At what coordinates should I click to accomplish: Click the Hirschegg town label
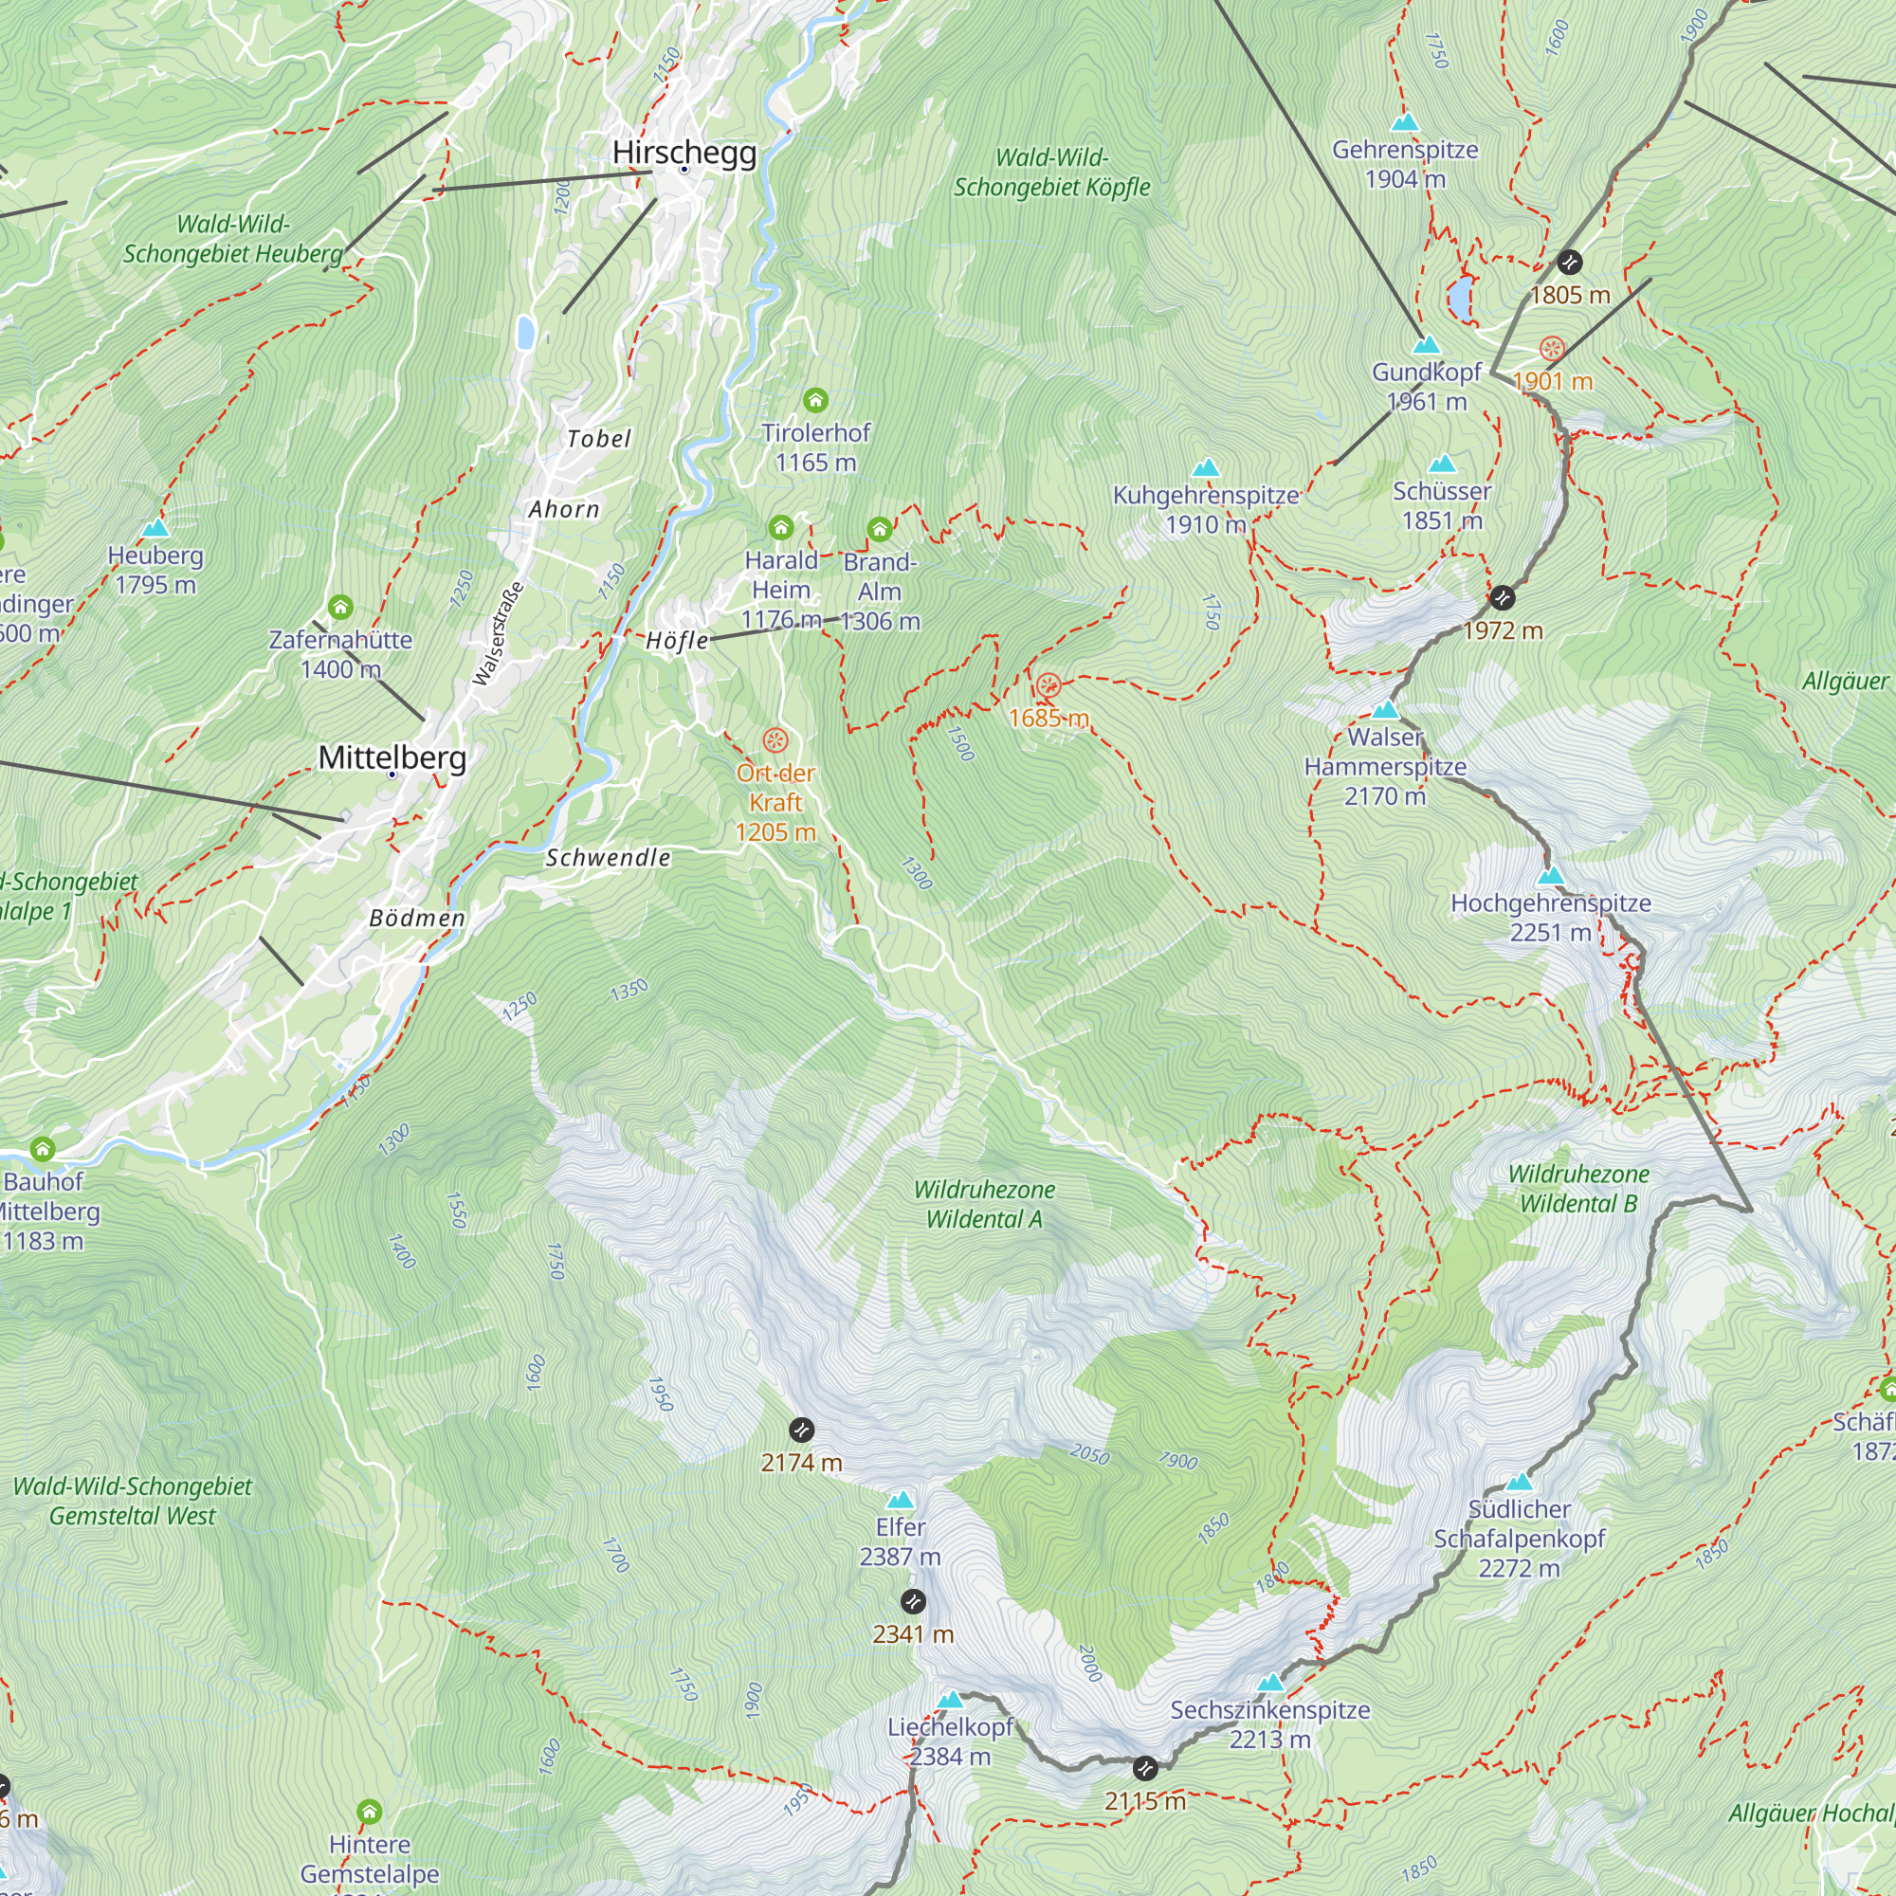[x=684, y=152]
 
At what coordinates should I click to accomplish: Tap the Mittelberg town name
[x=392, y=757]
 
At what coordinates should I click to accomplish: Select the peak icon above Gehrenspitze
[x=1405, y=122]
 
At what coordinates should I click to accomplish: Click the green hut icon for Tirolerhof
[x=815, y=399]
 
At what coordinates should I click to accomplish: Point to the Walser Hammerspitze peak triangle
[x=1385, y=709]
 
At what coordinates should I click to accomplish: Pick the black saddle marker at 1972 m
[x=1503, y=596]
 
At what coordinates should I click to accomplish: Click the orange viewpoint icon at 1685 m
[x=1048, y=685]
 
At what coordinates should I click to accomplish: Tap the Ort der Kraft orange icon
[x=775, y=740]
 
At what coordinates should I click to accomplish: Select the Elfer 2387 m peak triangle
[x=900, y=1500]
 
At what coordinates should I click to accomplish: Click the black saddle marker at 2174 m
[x=802, y=1429]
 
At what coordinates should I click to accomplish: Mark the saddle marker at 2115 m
[x=1144, y=1768]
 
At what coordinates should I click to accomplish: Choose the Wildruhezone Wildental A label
[x=984, y=1204]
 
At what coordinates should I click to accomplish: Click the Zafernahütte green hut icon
[x=340, y=608]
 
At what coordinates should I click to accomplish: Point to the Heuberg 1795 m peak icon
[x=155, y=529]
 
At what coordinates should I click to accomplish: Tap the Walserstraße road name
[x=498, y=634]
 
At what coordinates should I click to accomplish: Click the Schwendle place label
[x=608, y=858]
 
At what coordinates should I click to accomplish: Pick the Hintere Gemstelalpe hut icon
[x=369, y=1811]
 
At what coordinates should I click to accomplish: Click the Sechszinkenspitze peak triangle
[x=1271, y=1682]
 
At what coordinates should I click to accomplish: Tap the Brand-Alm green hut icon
[x=880, y=530]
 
